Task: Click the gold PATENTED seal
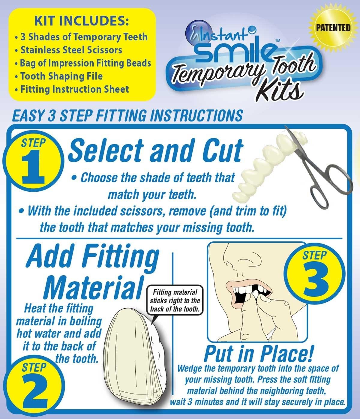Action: coord(332,28)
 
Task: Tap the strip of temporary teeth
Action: coord(264,168)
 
